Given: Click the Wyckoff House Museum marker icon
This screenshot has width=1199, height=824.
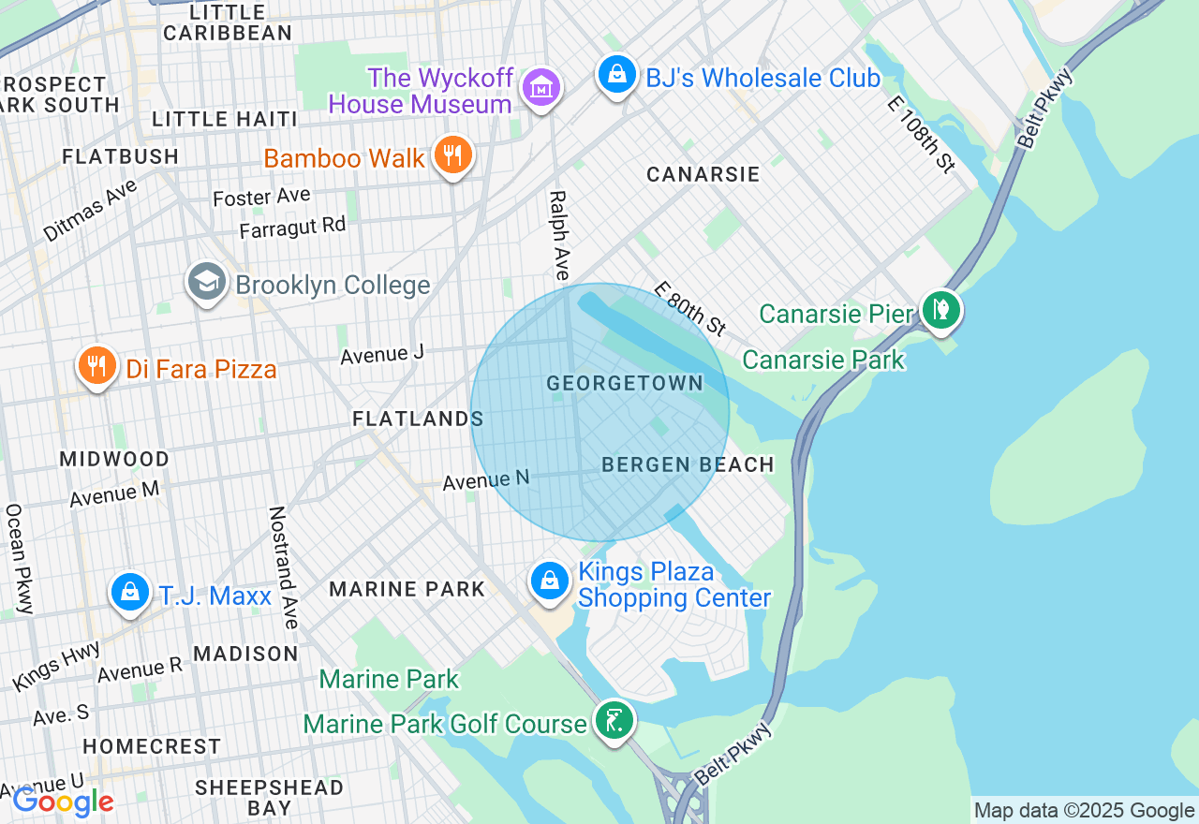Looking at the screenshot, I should click(x=541, y=88).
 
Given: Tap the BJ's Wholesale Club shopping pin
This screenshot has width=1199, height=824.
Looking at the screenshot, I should click(x=616, y=76).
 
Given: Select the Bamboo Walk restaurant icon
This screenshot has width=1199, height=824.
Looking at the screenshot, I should click(x=453, y=155).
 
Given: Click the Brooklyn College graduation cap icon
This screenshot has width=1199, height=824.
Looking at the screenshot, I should click(x=206, y=282).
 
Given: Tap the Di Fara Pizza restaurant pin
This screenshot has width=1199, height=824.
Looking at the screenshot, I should click(x=96, y=366).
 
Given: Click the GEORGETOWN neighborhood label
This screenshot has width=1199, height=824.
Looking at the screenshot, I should click(x=625, y=383).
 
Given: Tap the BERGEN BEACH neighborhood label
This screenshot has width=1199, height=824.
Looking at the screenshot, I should click(x=688, y=464).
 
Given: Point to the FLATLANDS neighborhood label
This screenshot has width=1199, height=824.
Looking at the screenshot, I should click(x=418, y=419).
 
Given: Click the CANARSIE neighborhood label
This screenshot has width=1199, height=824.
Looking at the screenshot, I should click(x=703, y=175).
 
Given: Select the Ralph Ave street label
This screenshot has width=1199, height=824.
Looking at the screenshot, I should click(x=559, y=236).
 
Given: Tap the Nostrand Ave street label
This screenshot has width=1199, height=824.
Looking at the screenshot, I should click(x=284, y=567).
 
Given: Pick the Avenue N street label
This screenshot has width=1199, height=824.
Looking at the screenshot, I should click(x=486, y=480).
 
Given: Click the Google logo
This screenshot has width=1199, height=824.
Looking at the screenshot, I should click(x=63, y=802).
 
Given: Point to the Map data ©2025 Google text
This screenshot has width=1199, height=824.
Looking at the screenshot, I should click(x=1084, y=811).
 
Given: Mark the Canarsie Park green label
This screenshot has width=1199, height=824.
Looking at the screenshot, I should click(x=823, y=360).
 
